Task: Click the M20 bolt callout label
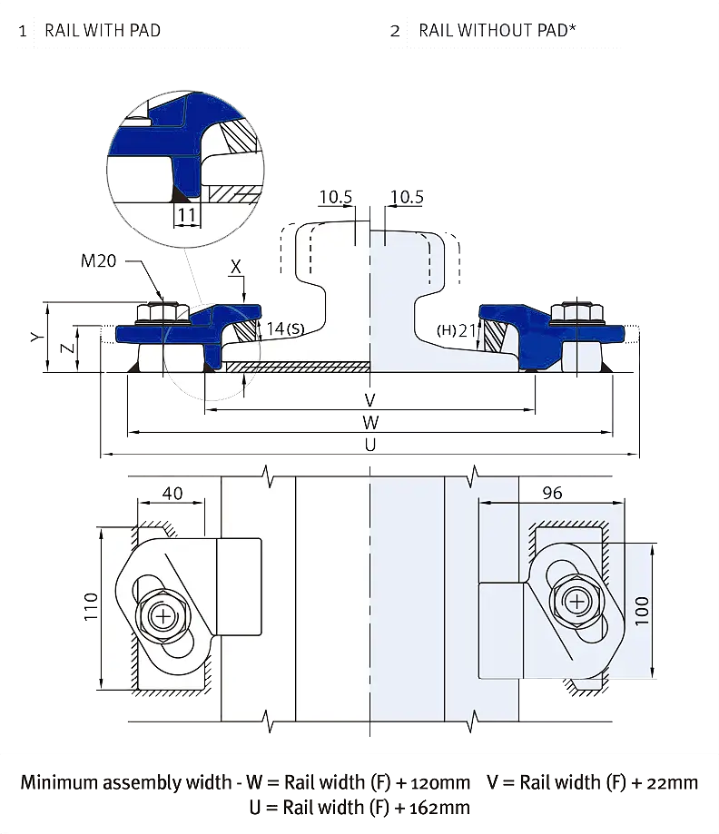[98, 260]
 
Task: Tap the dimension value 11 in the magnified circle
[187, 215]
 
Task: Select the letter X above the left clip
[236, 267]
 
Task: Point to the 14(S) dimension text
[285, 329]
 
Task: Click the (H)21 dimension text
[457, 330]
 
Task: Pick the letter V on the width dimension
[369, 400]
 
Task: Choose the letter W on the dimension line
[370, 422]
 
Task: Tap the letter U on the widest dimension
[370, 445]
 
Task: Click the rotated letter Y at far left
[36, 337]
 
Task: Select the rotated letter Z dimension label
[66, 348]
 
